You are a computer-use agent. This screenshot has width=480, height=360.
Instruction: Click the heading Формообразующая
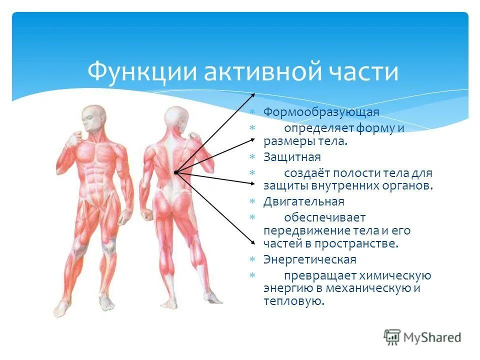coord(321,112)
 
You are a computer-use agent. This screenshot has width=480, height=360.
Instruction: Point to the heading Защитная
coord(292,157)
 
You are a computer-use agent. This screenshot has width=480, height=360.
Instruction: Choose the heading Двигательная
coord(304,201)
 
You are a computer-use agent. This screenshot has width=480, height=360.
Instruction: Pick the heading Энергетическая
coord(310,259)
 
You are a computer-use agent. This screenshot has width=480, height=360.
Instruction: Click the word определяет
coord(319,128)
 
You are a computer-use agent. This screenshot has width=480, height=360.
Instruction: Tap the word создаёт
coord(306,173)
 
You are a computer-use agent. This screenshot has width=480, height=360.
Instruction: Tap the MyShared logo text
coord(432,337)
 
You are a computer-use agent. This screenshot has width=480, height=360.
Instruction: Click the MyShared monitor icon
coord(392,337)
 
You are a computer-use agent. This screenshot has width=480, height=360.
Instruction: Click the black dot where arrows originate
coord(175,172)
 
